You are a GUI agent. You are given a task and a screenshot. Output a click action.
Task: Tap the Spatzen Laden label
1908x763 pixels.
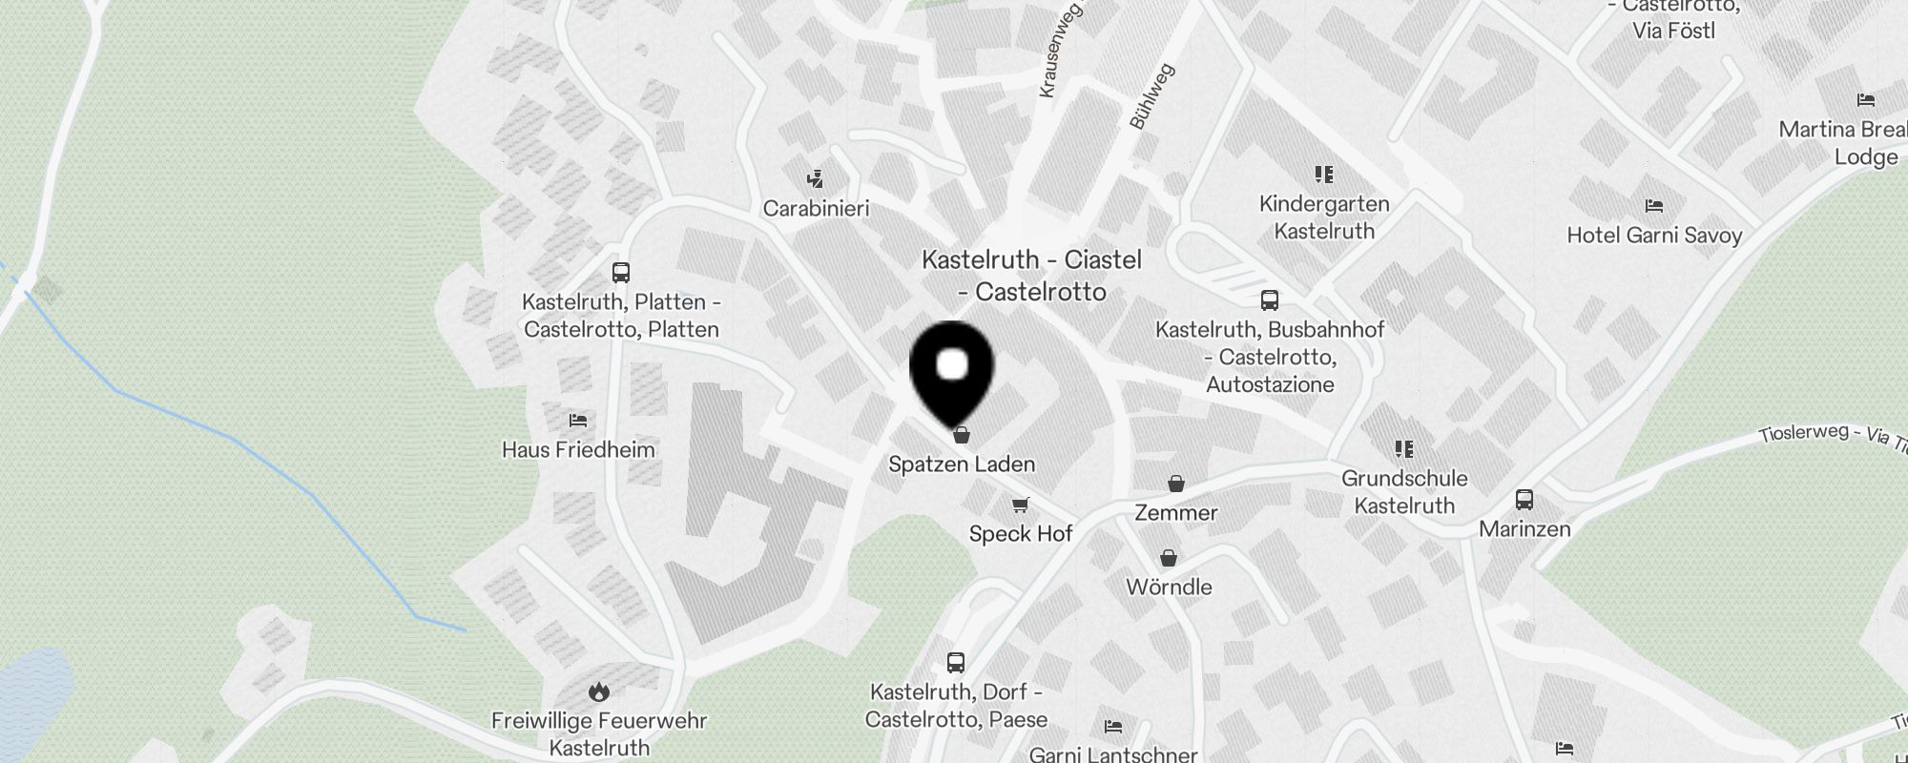click(x=962, y=464)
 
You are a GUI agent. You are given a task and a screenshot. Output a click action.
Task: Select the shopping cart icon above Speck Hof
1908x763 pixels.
click(x=1021, y=505)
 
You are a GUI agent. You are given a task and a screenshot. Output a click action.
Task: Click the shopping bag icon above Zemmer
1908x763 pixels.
click(x=1176, y=484)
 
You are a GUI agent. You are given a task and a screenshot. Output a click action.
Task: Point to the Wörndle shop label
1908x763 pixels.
click(x=1169, y=587)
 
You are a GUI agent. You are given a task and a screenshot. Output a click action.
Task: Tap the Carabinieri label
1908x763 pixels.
click(x=816, y=208)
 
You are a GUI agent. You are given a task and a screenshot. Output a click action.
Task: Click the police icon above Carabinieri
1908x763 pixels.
click(x=815, y=178)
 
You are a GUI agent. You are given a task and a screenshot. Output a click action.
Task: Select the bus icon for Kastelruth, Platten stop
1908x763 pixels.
click(x=621, y=273)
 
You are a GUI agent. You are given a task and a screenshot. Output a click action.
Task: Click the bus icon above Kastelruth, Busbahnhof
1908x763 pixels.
click(x=1270, y=300)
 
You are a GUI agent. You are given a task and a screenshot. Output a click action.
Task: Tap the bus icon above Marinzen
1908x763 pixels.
click(x=1524, y=500)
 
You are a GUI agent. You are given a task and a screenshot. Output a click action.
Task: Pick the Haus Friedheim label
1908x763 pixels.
click(x=578, y=449)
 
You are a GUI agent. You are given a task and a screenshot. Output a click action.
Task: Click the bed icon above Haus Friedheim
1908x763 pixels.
click(x=577, y=420)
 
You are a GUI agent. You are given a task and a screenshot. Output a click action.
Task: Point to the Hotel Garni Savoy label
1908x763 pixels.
click(x=1654, y=235)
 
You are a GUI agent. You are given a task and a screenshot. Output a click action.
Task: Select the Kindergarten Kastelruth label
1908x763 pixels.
click(x=1324, y=217)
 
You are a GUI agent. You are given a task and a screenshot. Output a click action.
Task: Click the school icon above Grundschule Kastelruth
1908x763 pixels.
click(x=1404, y=448)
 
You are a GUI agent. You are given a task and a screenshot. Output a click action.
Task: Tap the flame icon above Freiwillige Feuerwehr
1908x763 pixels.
click(x=599, y=691)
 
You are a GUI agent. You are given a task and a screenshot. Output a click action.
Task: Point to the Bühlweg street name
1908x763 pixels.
click(x=1151, y=96)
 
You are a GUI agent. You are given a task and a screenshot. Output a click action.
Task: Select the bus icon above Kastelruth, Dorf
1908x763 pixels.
click(x=956, y=662)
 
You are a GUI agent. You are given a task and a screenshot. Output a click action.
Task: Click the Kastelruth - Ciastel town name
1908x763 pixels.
click(x=1031, y=275)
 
